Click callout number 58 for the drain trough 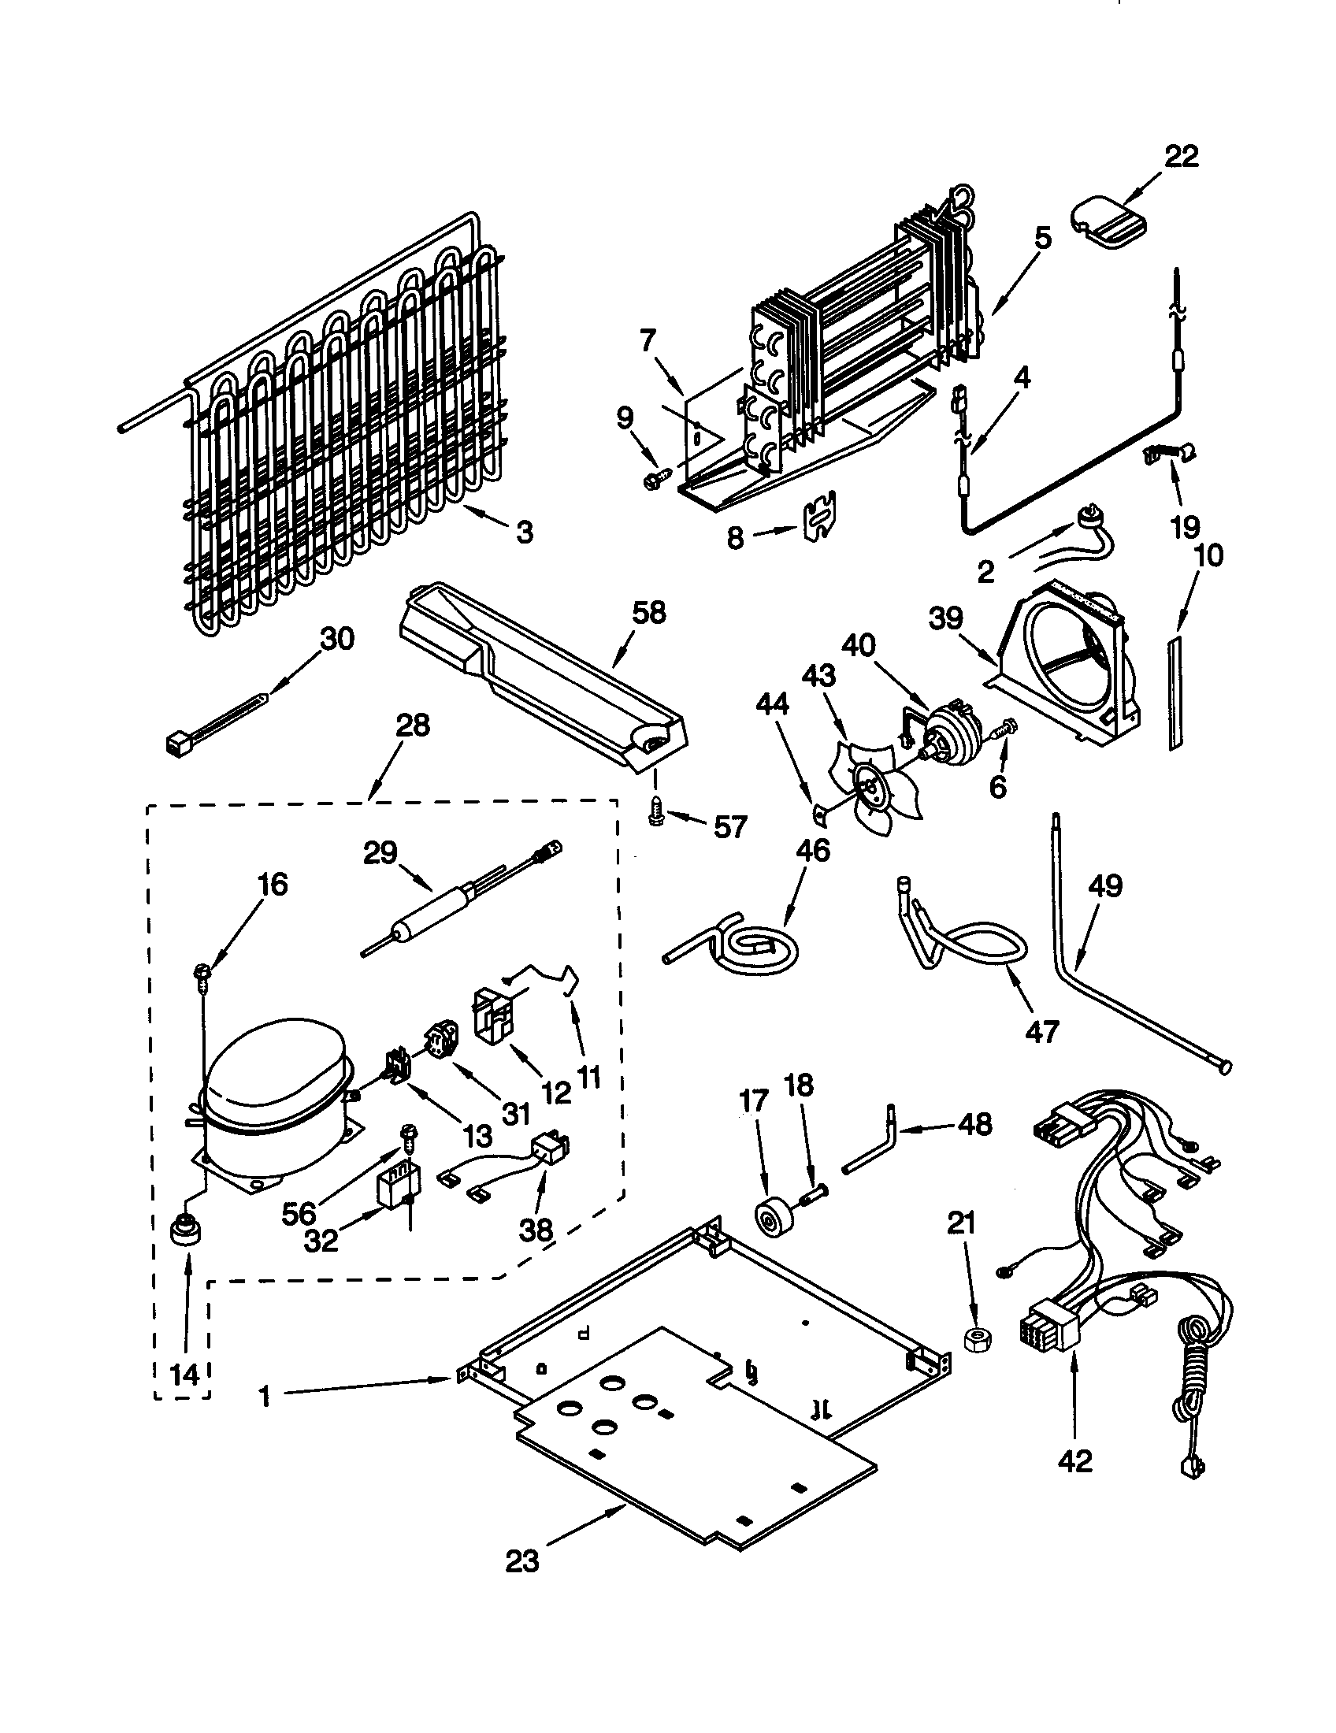pos(648,613)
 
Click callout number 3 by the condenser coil pos(525,533)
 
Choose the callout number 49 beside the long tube pos(1105,885)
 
